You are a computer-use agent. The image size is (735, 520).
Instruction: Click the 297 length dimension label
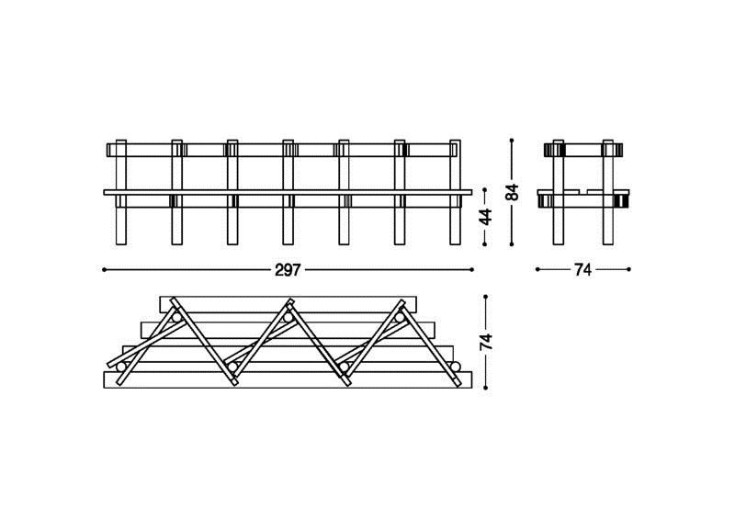coord(288,270)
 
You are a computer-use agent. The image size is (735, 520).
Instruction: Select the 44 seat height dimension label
coord(486,217)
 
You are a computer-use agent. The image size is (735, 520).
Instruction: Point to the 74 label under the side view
coord(582,270)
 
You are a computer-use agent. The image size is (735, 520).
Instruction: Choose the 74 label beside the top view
coord(486,343)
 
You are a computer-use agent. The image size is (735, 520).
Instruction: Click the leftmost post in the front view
coord(121,192)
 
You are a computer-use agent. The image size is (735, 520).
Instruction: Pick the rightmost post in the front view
coord(455,192)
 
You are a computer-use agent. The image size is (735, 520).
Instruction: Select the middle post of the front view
coord(288,192)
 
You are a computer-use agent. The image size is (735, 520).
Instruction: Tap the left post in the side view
coord(558,192)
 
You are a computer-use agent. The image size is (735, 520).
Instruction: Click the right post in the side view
coord(608,192)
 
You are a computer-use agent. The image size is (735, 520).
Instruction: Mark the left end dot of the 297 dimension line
coord(104,269)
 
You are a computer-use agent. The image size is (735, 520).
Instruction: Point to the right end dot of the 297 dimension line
coord(471,269)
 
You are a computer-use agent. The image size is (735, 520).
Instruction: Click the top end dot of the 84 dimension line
coord(512,141)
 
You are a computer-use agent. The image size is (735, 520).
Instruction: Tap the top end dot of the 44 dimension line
coord(485,190)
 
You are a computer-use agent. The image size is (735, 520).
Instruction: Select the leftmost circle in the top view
coord(121,367)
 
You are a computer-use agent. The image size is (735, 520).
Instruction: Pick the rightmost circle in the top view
coord(455,367)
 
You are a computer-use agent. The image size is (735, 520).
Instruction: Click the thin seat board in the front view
coord(288,192)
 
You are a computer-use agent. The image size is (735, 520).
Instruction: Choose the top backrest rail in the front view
coord(283,150)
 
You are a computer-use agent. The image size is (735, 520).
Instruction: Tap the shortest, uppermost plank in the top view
coord(288,304)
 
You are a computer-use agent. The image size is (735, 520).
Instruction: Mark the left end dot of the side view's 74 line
coord(537,269)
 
